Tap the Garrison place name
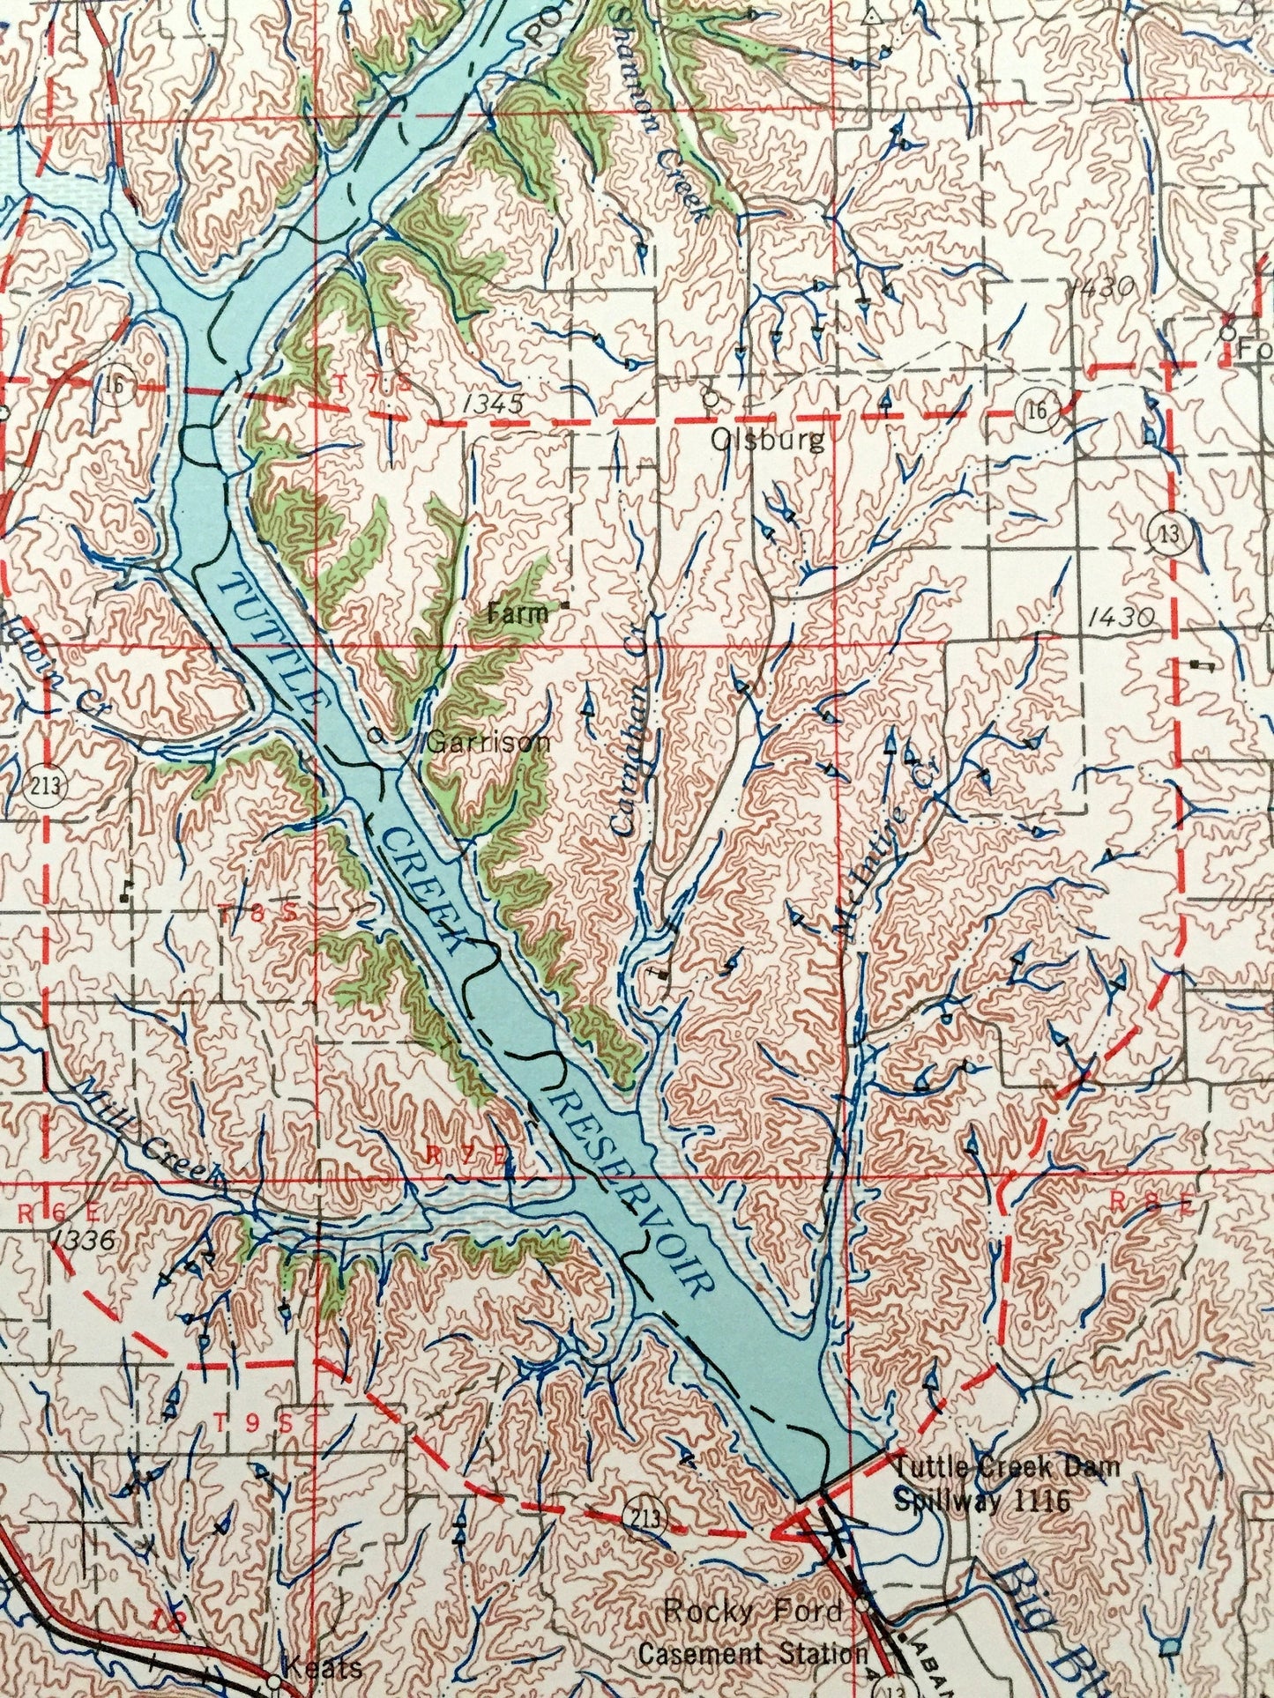488,743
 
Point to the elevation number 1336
84,1242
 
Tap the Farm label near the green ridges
518,613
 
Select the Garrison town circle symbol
376,736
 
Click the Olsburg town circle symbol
709,397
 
